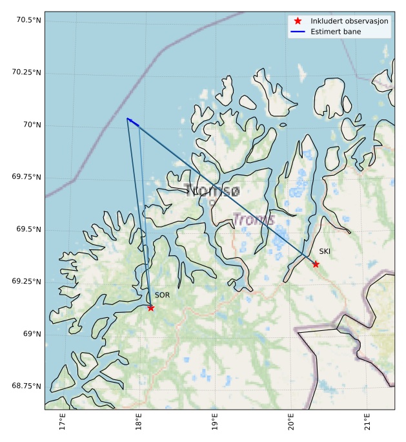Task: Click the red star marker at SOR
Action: pyautogui.click(x=150, y=308)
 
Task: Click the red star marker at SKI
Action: pyautogui.click(x=316, y=264)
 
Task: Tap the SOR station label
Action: pyautogui.click(x=162, y=295)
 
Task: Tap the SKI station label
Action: pyautogui.click(x=325, y=252)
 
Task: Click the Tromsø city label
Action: pyautogui.click(x=212, y=191)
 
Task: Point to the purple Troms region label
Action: pyautogui.click(x=254, y=220)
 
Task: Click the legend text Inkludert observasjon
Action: pyautogui.click(x=349, y=21)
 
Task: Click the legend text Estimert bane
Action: pyautogui.click(x=336, y=32)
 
